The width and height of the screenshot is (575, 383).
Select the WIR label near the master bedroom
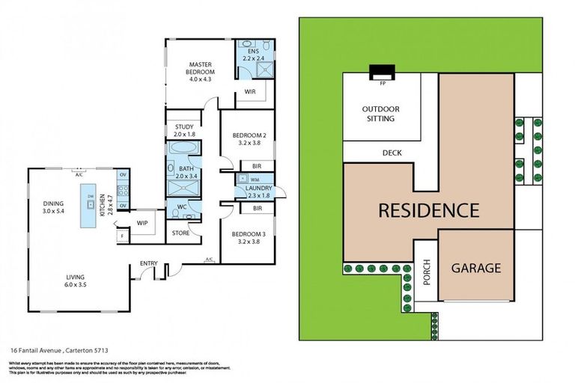coord(250,93)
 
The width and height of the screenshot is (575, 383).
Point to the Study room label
coord(184,130)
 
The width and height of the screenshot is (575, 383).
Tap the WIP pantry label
coord(141,222)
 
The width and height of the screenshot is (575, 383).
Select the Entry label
coord(148,263)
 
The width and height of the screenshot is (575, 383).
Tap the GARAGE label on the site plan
coord(475,268)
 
